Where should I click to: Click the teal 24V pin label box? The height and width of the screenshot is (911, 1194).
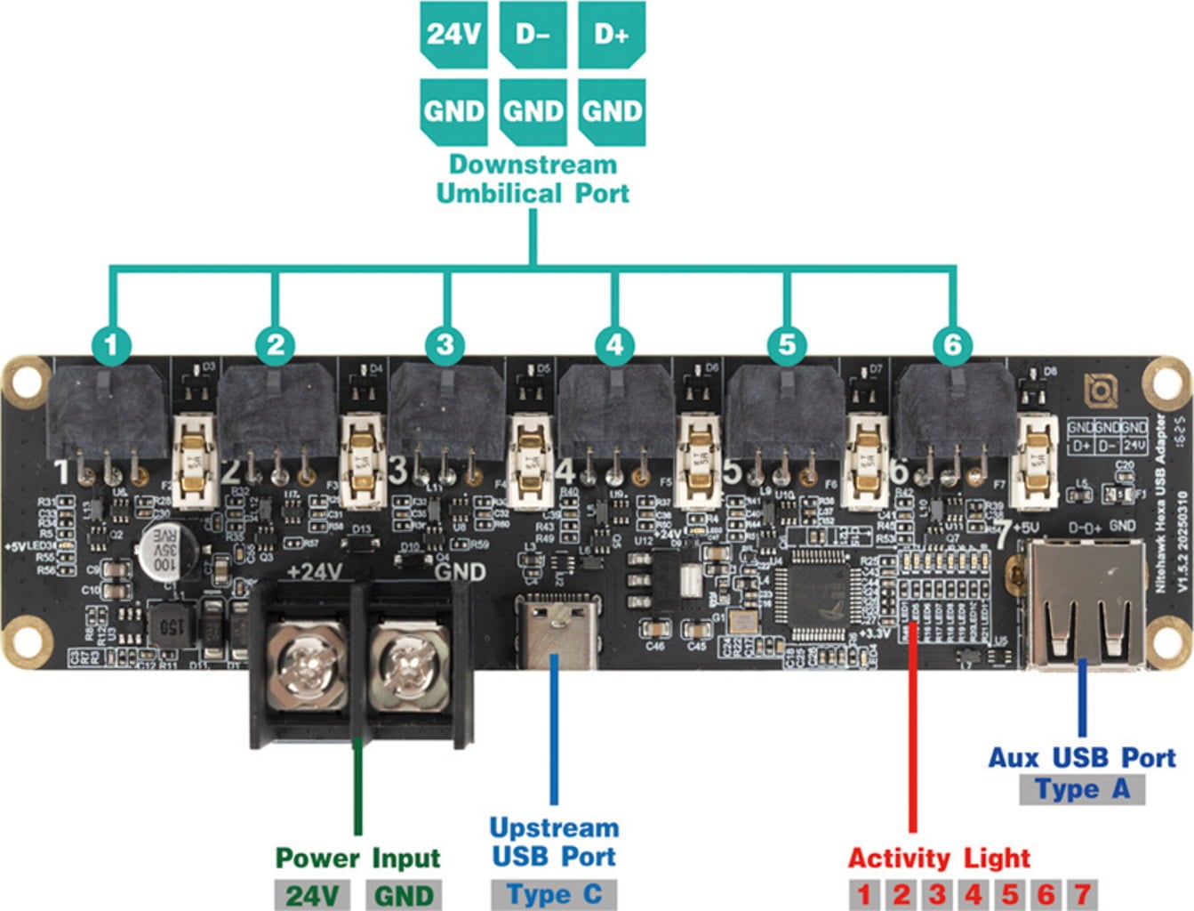click(453, 35)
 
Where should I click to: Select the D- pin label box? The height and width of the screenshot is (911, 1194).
click(533, 35)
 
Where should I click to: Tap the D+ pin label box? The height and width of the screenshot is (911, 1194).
click(612, 35)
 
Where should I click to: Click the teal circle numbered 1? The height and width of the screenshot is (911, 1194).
click(111, 344)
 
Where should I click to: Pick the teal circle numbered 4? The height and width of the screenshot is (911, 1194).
click(615, 344)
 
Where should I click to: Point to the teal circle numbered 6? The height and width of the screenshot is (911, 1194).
click(952, 344)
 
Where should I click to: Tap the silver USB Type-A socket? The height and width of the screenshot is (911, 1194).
click(1086, 605)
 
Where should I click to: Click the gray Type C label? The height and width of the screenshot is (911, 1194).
click(554, 894)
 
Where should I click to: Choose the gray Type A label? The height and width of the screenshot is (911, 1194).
click(1081, 789)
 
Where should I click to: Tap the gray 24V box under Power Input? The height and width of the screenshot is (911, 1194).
click(312, 895)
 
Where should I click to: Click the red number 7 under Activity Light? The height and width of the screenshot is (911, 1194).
click(1081, 894)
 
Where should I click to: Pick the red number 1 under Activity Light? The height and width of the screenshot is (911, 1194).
click(864, 894)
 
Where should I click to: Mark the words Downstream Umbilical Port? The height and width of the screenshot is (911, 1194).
click(533, 179)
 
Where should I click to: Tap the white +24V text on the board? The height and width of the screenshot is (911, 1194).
click(314, 571)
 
